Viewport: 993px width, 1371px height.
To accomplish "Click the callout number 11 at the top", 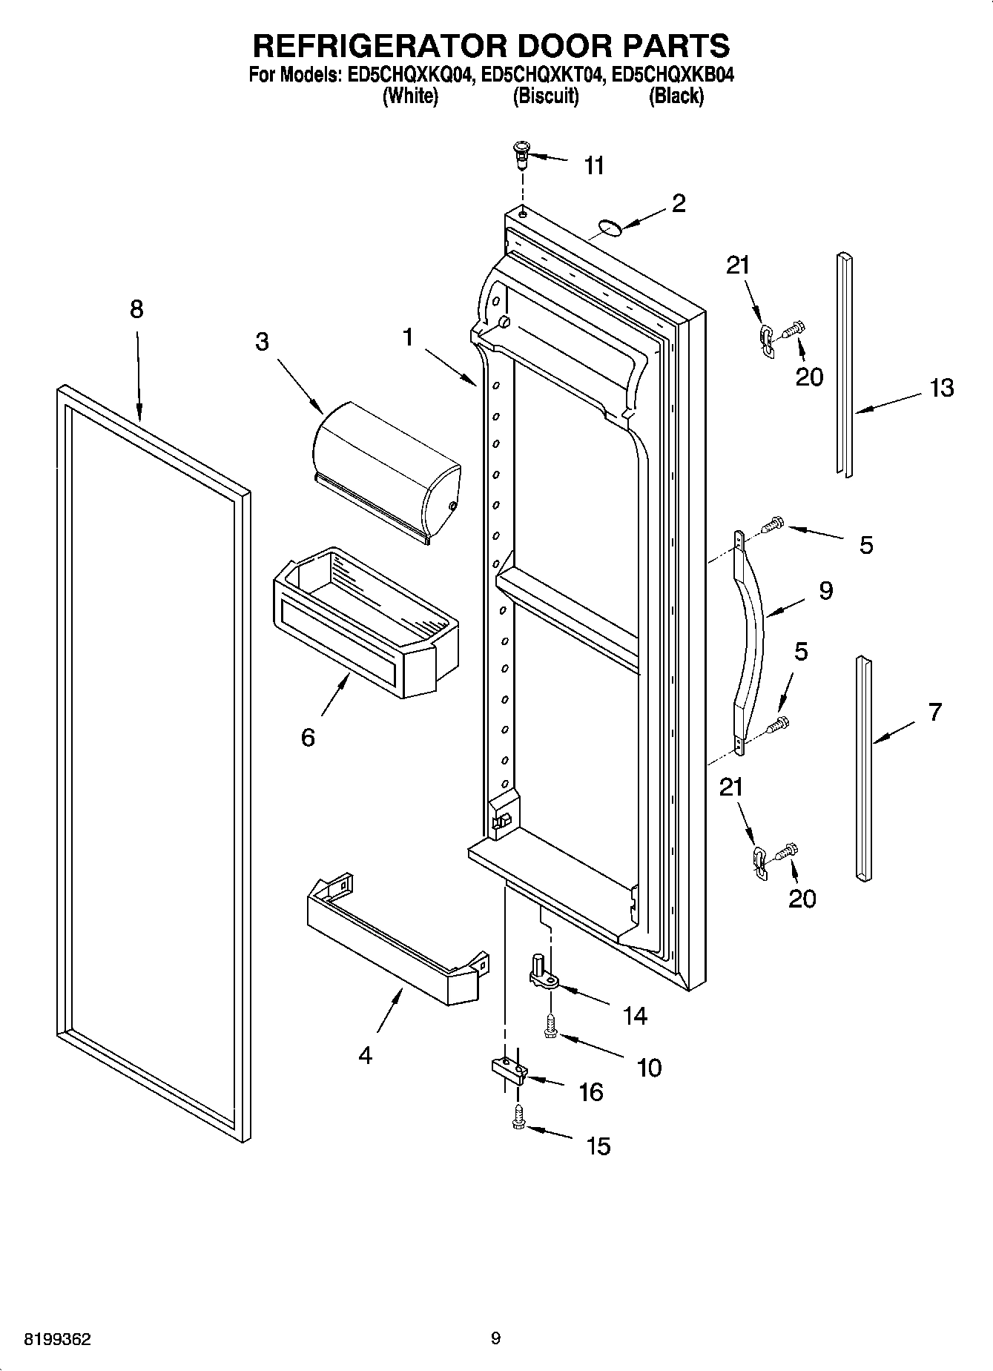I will coord(594,165).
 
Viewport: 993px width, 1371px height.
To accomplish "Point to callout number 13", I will coord(941,388).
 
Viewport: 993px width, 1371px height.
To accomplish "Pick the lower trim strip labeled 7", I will coord(862,767).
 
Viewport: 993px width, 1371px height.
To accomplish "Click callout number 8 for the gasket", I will coord(136,309).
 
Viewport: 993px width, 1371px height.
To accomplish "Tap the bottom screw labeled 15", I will coord(518,1118).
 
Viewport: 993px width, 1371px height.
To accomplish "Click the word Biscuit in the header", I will coord(546,96).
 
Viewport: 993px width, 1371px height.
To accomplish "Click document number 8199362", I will coord(58,1339).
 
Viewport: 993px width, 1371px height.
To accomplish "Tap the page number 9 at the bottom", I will coord(495,1338).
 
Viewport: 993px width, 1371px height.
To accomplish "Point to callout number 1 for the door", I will coord(407,337).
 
